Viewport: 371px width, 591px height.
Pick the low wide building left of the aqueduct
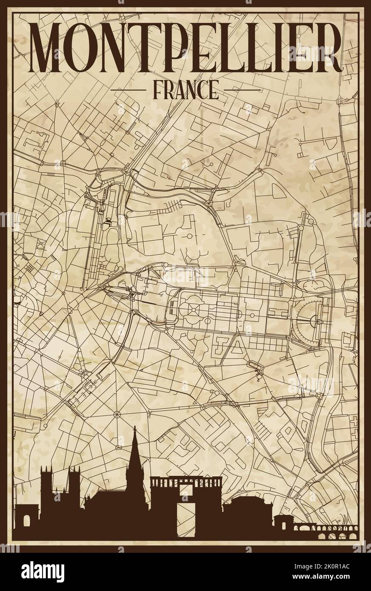(243, 510)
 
